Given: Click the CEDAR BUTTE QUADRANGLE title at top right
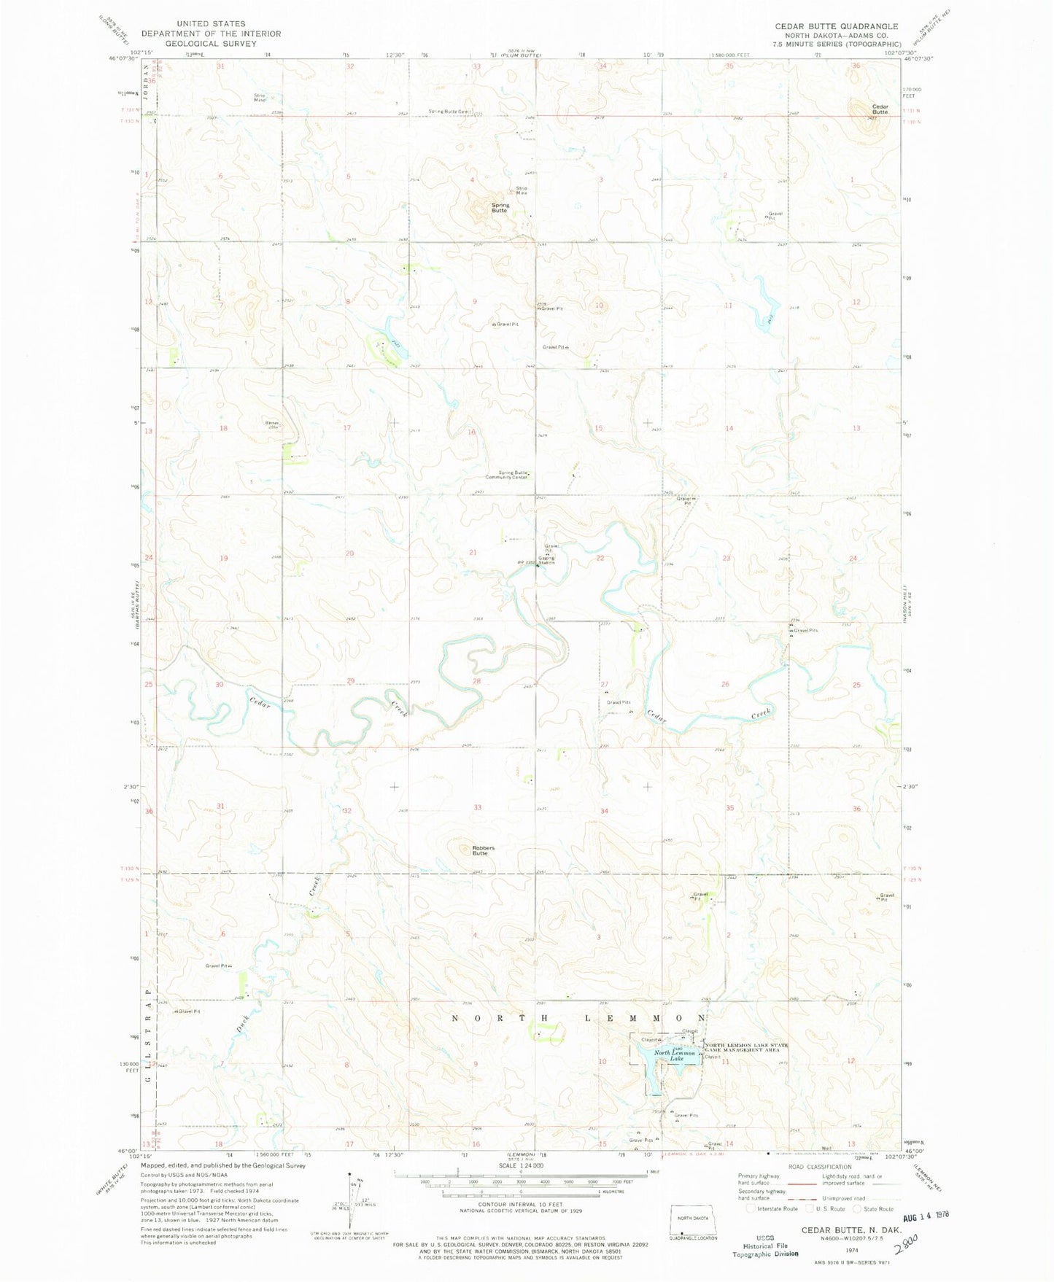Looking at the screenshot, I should (x=837, y=26).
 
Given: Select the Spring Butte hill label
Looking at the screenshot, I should (x=500, y=208).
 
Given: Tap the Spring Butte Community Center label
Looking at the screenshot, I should (x=507, y=475).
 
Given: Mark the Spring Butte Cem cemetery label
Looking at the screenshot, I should (x=451, y=112).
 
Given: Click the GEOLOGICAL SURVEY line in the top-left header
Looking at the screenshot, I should (x=211, y=43).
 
